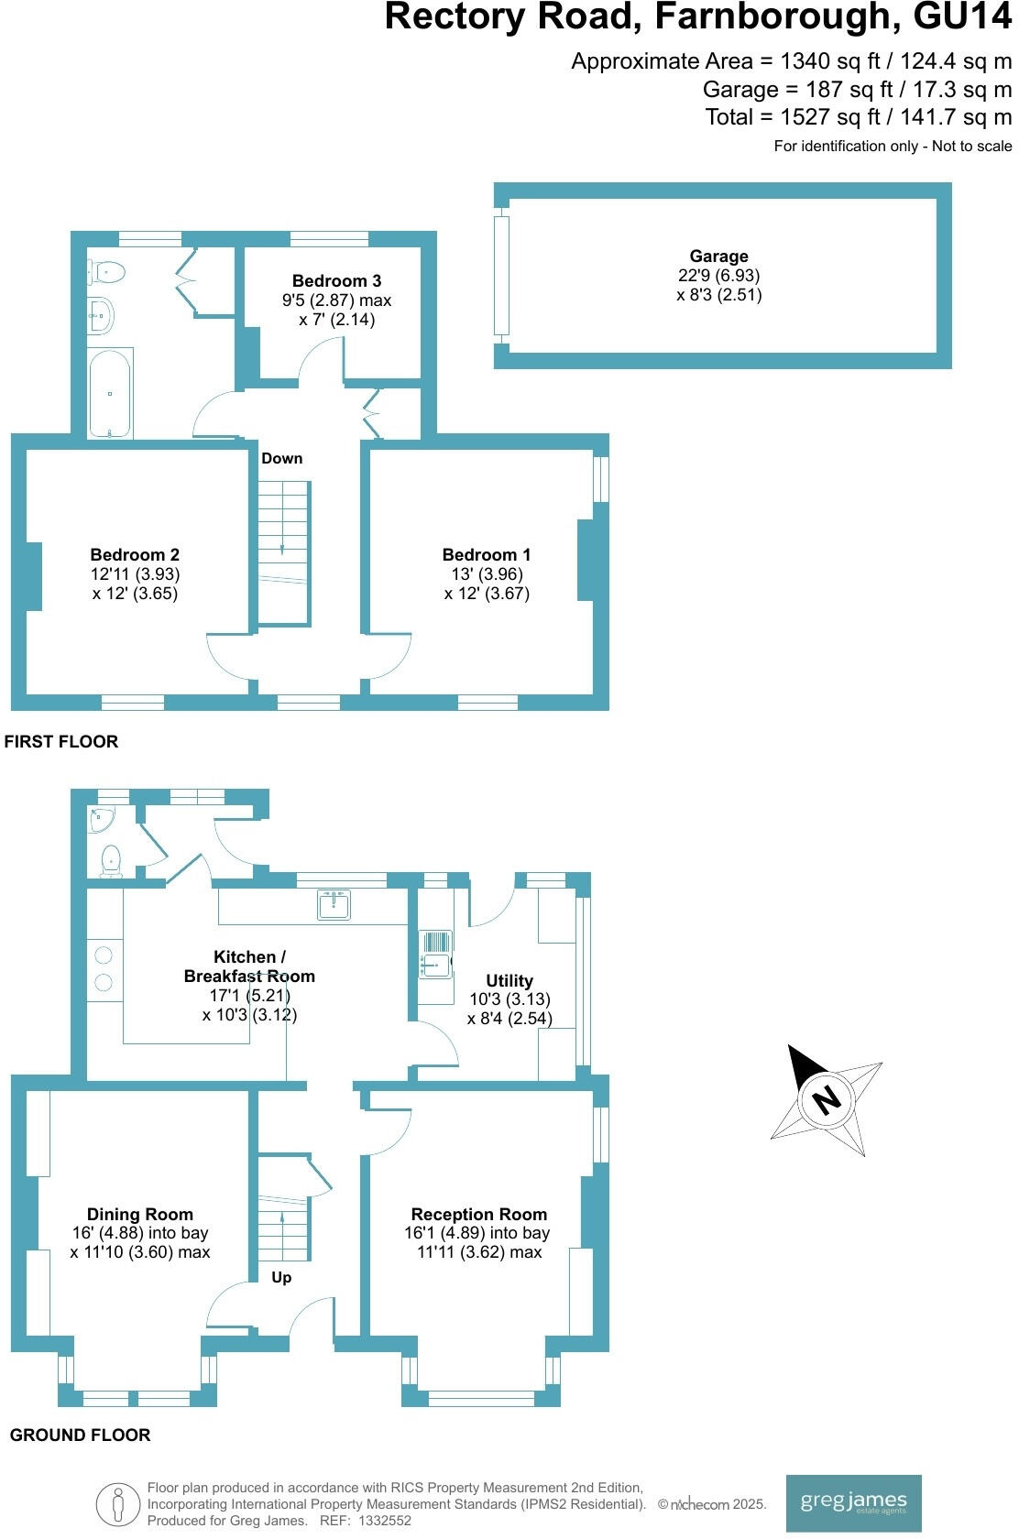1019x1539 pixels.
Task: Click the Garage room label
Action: tap(718, 256)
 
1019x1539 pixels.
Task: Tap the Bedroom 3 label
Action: tap(336, 281)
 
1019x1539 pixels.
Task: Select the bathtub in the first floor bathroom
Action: tap(110, 393)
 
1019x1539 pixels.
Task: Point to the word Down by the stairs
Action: tap(281, 458)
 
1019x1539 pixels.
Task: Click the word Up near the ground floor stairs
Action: tap(281, 1277)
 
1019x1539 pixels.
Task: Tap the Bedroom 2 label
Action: tap(135, 554)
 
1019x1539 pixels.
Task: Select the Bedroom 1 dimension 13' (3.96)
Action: tap(487, 574)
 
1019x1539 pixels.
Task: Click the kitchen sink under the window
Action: tap(334, 904)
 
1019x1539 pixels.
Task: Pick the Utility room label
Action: tap(509, 980)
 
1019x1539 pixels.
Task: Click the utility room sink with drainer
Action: tap(436, 954)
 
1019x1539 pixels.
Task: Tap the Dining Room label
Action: tap(140, 1214)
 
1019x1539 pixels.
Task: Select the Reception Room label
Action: tap(478, 1214)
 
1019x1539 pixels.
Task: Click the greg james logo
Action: tap(853, 1502)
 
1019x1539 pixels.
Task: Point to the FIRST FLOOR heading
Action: tap(61, 741)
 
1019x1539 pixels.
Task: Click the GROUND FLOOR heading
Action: tap(80, 1435)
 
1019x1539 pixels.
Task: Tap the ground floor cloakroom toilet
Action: tap(111, 859)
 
